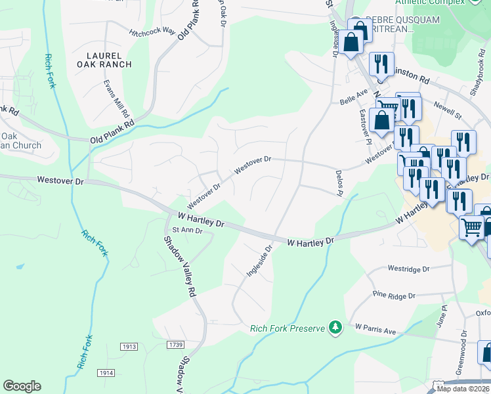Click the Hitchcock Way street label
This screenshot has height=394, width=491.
[152, 32]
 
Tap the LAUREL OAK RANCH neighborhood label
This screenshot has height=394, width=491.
[104, 58]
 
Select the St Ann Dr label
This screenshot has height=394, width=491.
[188, 230]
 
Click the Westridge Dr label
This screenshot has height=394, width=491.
[408, 269]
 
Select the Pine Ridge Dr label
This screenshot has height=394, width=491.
[394, 296]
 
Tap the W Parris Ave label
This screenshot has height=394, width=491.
[376, 329]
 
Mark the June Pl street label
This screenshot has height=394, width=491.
[444, 315]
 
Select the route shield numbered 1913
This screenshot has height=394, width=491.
[129, 346]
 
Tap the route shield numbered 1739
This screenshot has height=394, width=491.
[175, 345]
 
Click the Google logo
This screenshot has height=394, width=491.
[22, 386]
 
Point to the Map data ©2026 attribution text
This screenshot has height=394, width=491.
[462, 389]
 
